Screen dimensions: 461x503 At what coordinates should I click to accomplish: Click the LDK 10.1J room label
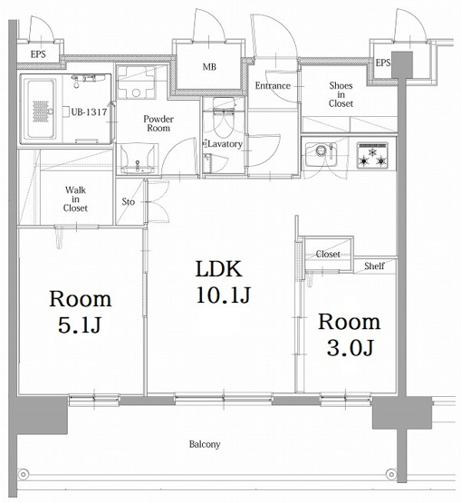pos(223,282)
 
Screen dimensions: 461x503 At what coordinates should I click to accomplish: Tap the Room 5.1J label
pos(80,312)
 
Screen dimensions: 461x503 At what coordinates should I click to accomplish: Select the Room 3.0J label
pos(349,334)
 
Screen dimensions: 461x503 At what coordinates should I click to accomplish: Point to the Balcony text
pos(205,444)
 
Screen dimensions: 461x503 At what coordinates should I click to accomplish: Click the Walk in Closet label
pos(75,198)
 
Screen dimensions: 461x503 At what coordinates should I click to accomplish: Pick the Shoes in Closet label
pos(341,94)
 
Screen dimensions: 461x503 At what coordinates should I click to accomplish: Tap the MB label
pos(209,67)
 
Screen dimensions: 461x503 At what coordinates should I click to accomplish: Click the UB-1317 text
pos(89,112)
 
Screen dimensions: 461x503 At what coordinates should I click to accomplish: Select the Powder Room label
pos(158,123)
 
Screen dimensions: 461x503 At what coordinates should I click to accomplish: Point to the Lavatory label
pos(225,144)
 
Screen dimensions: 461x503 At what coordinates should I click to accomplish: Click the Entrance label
pos(273,86)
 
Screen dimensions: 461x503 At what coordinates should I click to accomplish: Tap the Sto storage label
pos(129,202)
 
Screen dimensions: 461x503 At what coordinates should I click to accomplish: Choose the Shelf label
pos(374,266)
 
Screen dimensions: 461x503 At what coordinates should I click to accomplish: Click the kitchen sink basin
pos(321,154)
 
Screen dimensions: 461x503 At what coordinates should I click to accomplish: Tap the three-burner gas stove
pos(372,156)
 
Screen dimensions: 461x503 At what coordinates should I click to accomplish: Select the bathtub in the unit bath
pos(41,109)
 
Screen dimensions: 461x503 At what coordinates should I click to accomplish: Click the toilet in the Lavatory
pos(224,118)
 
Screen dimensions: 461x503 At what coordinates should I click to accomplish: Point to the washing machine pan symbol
pos(136,82)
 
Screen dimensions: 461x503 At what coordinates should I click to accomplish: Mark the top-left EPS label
pos(38,54)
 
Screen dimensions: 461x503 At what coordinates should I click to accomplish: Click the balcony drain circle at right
pos(391,473)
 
